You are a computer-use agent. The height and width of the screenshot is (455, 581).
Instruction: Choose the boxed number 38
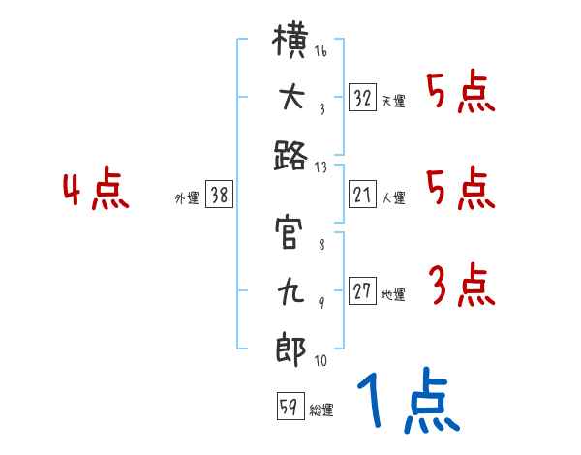tap(219, 196)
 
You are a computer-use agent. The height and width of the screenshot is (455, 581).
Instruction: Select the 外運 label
tap(187, 197)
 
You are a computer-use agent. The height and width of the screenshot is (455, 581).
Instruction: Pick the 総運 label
tap(321, 409)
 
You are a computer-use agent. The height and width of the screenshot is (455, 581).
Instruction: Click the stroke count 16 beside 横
tap(321, 51)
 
